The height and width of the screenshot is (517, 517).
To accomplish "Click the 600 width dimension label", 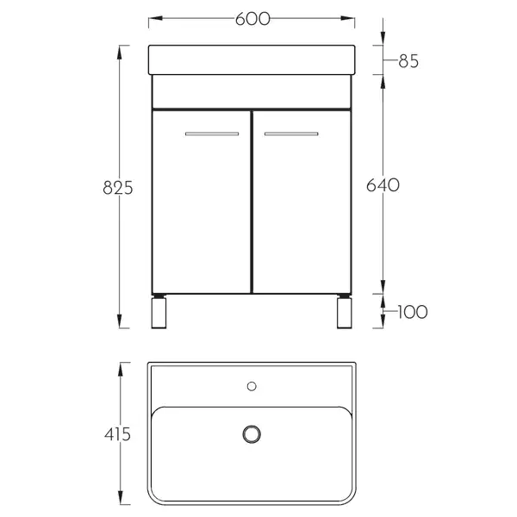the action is click(x=252, y=19).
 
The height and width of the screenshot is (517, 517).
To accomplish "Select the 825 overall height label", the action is click(x=118, y=188).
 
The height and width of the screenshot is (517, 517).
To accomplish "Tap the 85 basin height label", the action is click(x=408, y=61).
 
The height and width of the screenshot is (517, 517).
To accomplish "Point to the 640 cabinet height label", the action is click(x=383, y=185).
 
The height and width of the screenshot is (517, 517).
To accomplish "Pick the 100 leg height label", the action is click(x=413, y=312).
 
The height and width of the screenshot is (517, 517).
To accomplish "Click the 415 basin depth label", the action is click(x=118, y=434).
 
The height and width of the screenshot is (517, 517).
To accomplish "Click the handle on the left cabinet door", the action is click(x=212, y=134).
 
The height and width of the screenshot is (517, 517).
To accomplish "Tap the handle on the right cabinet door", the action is click(x=291, y=134).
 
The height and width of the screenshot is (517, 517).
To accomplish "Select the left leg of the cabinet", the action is click(x=159, y=312).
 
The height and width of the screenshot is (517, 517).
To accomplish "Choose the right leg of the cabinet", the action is click(x=344, y=312).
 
